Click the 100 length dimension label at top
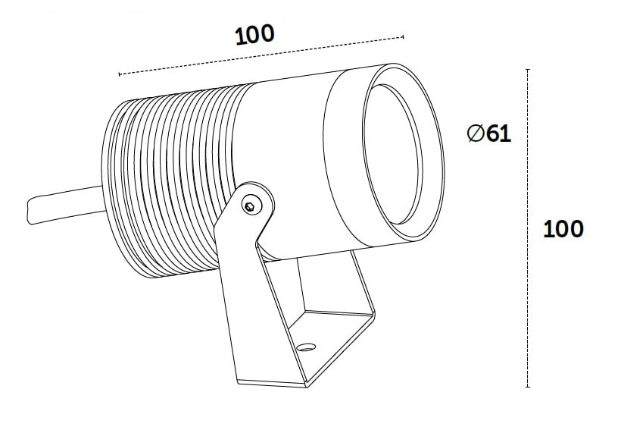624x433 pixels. pos(254,35)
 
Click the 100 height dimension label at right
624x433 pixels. pos(563,229)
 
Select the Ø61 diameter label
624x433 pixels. pos(489,133)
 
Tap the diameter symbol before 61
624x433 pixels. pos(476,133)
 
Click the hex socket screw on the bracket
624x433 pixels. pos(249,206)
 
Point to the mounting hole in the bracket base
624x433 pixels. pos(307,347)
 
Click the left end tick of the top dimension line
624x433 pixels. pos(120,74)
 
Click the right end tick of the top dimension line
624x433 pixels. pos(403,37)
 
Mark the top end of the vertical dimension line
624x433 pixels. pos(528,70)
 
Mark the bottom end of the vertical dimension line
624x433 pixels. pos(528,387)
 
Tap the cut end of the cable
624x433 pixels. pos(29,211)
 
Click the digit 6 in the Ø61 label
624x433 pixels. pos(493,133)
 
